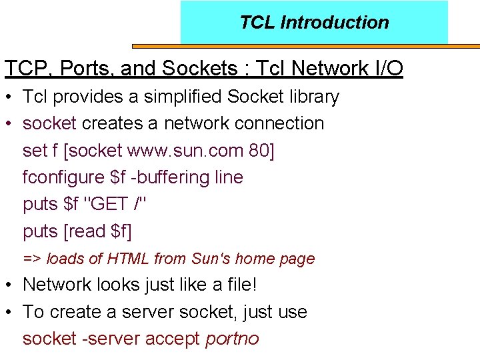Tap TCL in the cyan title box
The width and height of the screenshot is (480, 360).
coord(257,23)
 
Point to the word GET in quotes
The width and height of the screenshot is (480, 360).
coord(107,204)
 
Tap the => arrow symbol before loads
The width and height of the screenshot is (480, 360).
coord(32,259)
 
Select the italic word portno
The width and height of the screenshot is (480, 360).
coord(232,339)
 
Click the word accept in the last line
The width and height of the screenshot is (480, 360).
coord(173,339)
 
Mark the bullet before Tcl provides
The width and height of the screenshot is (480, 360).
coord(10,97)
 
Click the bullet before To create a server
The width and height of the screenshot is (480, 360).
coord(10,312)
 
